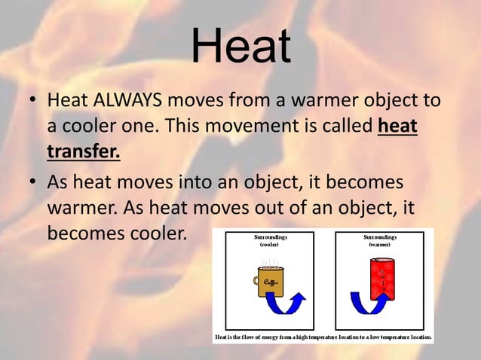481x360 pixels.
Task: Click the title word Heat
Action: [240, 46]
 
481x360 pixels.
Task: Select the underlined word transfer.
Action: [83, 151]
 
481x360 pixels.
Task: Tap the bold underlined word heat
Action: [397, 126]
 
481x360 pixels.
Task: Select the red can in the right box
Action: [379, 282]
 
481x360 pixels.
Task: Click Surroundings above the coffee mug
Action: [269, 237]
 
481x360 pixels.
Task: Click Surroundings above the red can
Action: [379, 237]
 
